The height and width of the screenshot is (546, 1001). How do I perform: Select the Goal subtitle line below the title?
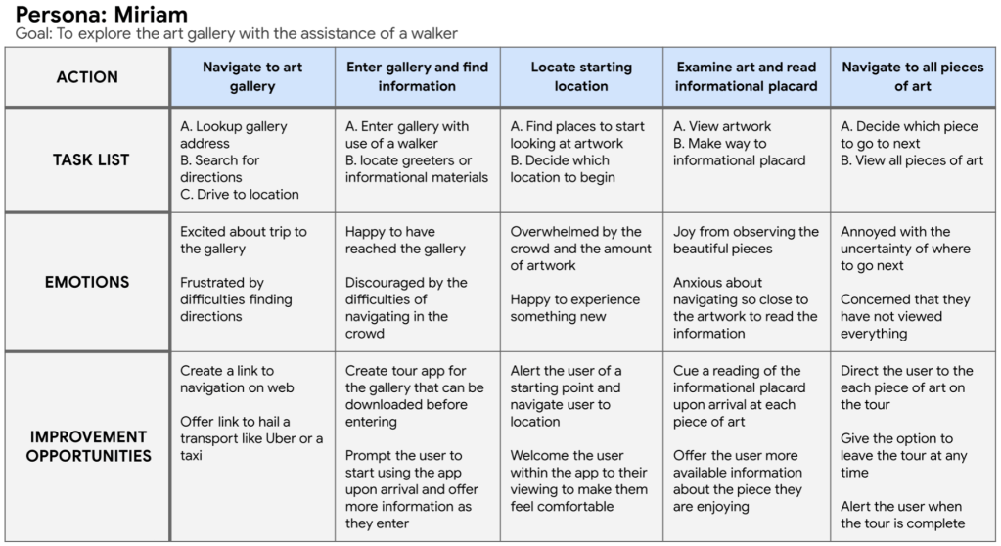coord(237,34)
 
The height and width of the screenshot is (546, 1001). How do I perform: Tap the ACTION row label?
coord(86,77)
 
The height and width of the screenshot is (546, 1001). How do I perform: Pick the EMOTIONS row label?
coord(86,282)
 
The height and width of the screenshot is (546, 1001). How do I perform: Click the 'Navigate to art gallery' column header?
coord(252,76)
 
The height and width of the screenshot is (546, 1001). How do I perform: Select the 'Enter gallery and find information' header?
coord(417,76)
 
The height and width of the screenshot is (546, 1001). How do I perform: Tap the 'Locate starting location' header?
coord(581,76)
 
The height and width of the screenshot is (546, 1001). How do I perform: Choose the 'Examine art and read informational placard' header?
coord(746,76)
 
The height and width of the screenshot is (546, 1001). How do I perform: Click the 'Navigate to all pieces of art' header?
coord(912,76)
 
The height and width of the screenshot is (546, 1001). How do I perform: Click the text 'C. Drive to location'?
coord(240,195)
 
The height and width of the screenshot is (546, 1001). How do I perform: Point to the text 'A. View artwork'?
coord(722,126)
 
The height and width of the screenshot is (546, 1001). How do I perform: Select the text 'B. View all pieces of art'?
coord(912,160)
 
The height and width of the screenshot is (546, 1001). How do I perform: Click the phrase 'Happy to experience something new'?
coord(574,308)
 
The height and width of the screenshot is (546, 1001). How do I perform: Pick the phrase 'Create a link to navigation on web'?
coord(237,379)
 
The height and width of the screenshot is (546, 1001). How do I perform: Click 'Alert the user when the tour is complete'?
coord(900,515)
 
